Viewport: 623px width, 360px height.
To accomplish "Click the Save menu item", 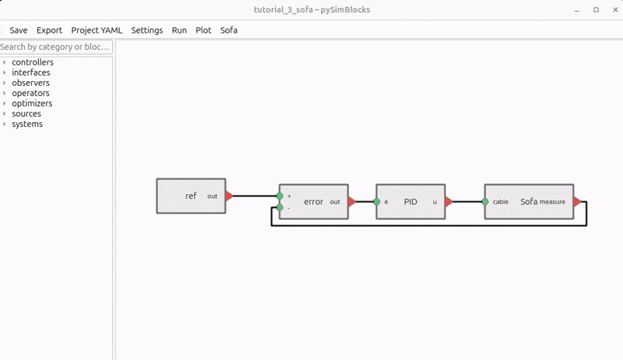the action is [x=18, y=30].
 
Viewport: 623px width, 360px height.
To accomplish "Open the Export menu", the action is [x=49, y=30].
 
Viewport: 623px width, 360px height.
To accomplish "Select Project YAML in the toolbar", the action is [x=97, y=30].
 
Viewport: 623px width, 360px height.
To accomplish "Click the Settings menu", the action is [x=147, y=30].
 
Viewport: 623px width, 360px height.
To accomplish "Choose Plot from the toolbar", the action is [x=203, y=30].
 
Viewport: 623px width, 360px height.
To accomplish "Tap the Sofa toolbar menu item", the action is [x=229, y=30].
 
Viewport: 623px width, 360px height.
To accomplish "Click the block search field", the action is [x=56, y=47].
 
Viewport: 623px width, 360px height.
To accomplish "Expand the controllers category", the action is [x=33, y=62].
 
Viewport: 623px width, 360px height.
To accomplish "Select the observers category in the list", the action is [x=30, y=83].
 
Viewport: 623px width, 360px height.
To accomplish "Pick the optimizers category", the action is [x=32, y=104].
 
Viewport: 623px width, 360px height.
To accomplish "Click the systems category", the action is [x=27, y=125].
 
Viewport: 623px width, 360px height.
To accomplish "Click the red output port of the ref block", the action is [x=229, y=196].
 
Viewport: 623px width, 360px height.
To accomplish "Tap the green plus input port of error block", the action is [x=280, y=196].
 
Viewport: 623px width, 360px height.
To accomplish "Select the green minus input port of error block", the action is [x=280, y=207].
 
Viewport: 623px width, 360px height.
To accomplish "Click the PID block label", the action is [x=410, y=202].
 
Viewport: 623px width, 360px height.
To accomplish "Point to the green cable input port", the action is [x=484, y=202].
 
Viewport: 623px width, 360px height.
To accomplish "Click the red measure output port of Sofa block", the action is [x=577, y=202].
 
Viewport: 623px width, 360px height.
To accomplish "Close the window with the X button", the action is [x=615, y=9].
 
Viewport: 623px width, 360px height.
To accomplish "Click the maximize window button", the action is [x=596, y=9].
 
